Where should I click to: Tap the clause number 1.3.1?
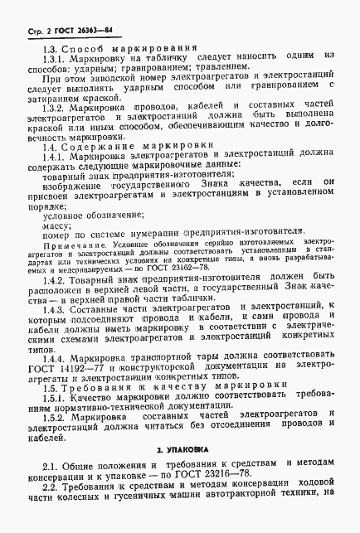pyautogui.click(x=53, y=61)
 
